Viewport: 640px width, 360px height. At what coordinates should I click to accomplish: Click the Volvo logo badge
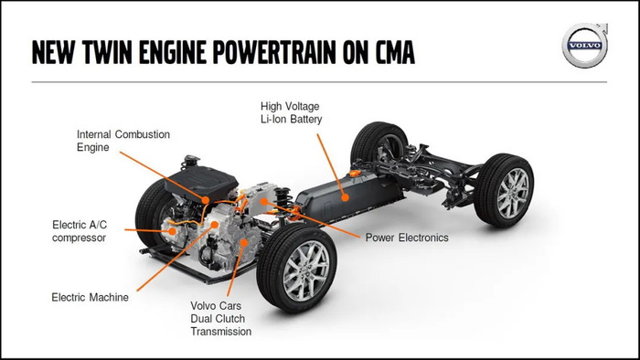click(585, 45)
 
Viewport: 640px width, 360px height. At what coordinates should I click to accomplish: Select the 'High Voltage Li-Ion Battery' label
click(291, 113)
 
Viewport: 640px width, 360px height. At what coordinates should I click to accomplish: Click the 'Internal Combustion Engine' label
click(123, 141)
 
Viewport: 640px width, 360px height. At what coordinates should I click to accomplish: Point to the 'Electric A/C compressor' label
click(80, 231)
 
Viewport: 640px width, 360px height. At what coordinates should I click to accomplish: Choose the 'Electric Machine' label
click(90, 297)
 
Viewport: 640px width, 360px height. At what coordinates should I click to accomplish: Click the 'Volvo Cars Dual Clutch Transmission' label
click(221, 318)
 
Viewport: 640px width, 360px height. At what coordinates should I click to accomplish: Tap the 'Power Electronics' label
click(407, 238)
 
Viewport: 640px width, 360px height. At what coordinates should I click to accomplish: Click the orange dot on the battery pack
click(346, 197)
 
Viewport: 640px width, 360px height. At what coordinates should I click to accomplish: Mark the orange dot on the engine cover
click(206, 200)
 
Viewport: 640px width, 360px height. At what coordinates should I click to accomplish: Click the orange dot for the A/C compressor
click(172, 231)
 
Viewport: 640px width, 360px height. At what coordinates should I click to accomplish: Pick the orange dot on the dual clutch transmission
click(244, 243)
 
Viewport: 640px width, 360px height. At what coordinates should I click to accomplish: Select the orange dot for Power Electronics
click(264, 201)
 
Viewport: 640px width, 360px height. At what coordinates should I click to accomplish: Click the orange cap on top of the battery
click(355, 173)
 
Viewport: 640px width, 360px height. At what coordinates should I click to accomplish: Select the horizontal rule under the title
click(319, 82)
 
